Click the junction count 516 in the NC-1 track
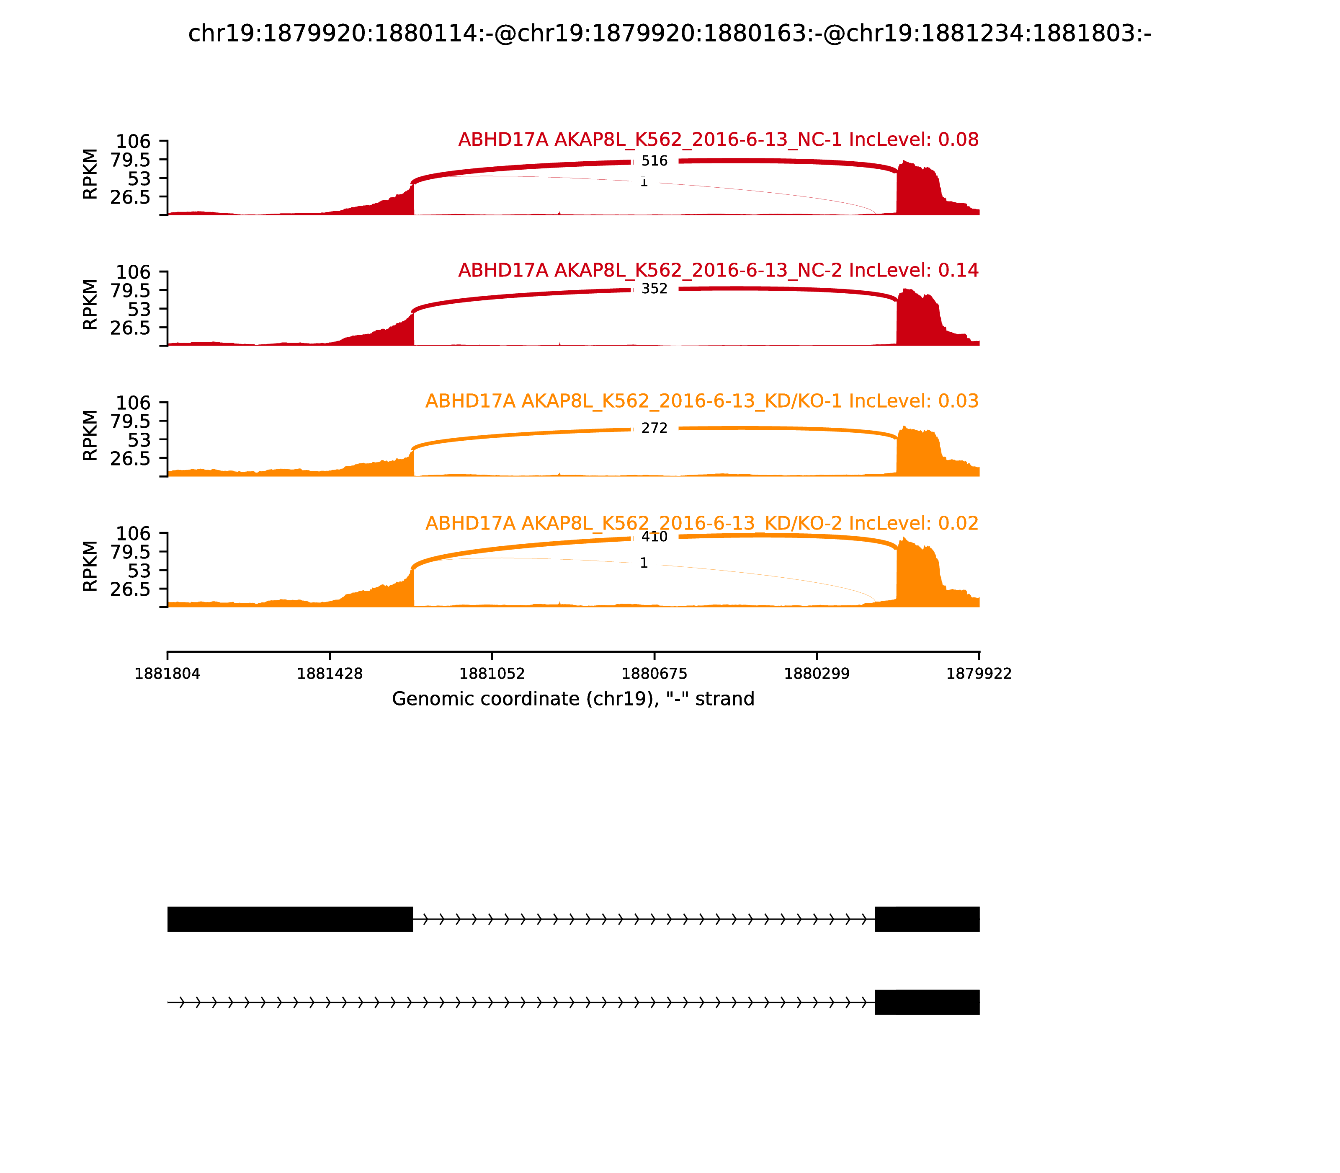[654, 161]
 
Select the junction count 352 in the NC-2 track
[654, 289]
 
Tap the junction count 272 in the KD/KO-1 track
[654, 428]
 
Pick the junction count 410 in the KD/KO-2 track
[654, 537]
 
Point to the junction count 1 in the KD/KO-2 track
[644, 563]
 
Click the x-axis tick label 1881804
[167, 674]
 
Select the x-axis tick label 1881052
[492, 674]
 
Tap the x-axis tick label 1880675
[654, 674]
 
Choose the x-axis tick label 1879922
[979, 674]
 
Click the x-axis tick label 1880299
[817, 674]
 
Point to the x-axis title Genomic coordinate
[573, 699]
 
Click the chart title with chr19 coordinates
[669, 34]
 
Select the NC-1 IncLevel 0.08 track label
[718, 140]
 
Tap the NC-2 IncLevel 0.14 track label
[718, 270]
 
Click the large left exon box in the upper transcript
[290, 919]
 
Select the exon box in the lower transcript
[926, 1002]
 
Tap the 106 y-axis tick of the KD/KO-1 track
[133, 403]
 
